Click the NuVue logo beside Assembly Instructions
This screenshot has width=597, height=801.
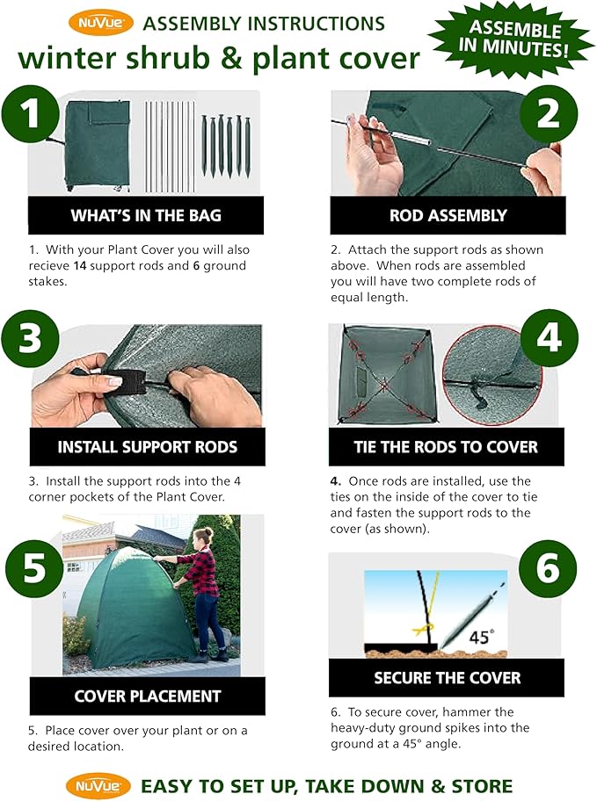[101, 23]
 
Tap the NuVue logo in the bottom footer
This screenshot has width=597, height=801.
[98, 786]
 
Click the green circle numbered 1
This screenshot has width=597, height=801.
[31, 114]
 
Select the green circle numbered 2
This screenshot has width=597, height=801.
[549, 114]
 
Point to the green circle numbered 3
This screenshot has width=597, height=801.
[30, 338]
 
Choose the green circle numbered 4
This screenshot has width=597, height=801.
[550, 337]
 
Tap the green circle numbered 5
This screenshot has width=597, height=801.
[34, 568]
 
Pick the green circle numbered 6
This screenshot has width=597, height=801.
[548, 568]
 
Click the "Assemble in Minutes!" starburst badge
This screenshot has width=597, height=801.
[513, 39]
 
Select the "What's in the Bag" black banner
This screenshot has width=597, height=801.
[146, 215]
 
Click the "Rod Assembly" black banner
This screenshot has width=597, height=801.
[448, 215]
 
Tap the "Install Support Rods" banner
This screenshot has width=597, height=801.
[148, 447]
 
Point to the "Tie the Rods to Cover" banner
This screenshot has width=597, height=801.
[447, 447]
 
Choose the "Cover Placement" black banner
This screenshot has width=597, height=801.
[148, 696]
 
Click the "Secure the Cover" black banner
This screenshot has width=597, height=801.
[447, 678]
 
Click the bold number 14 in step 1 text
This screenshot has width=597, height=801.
[79, 265]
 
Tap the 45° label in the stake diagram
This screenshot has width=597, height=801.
[482, 637]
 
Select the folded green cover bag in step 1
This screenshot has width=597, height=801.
[97, 145]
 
